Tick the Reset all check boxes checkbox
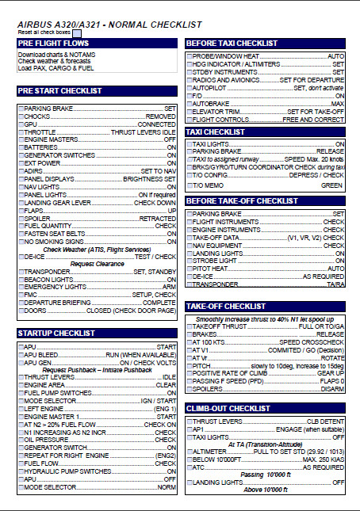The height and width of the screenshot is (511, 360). [87, 32]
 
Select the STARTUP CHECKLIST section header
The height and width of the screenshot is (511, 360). [52, 334]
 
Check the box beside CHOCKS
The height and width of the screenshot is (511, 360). [21, 116]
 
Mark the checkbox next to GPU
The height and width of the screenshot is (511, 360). [21, 124]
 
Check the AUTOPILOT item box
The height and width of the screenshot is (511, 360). [189, 87]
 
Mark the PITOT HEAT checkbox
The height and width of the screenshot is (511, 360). [189, 268]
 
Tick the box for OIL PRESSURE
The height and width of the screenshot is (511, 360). [21, 440]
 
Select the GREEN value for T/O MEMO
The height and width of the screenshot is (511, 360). [331, 185]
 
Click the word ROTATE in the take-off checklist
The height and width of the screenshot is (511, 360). [331, 358]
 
